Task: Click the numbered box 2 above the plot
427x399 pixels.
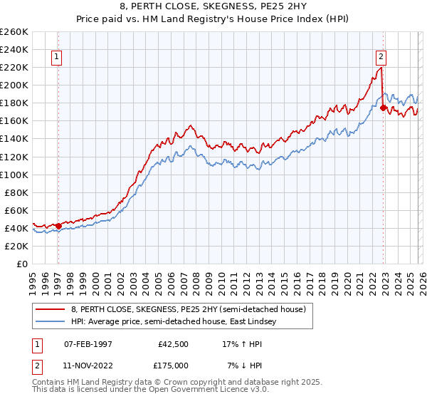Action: (x=381, y=58)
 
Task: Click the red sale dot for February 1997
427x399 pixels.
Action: (x=58, y=226)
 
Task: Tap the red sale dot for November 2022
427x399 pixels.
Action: (x=384, y=108)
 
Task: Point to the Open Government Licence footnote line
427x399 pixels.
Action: (x=150, y=391)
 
